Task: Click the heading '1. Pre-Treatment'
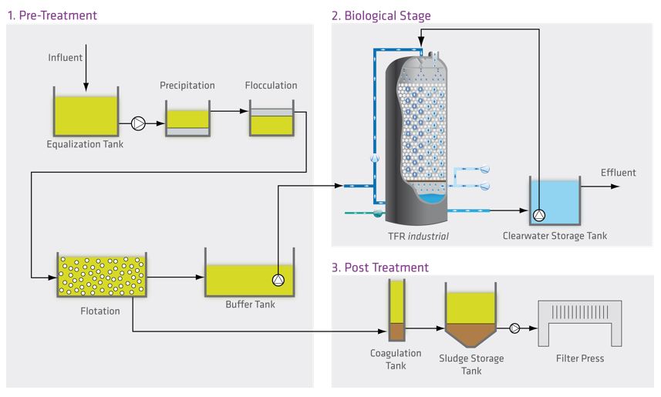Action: point(52,15)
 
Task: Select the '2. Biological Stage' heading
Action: point(380,15)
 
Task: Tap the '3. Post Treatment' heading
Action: point(379,267)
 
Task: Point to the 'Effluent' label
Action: point(619,173)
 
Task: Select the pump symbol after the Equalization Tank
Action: point(139,123)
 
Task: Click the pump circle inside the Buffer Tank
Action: point(278,280)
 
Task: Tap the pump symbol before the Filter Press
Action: point(514,327)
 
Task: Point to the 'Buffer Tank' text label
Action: point(249,304)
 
